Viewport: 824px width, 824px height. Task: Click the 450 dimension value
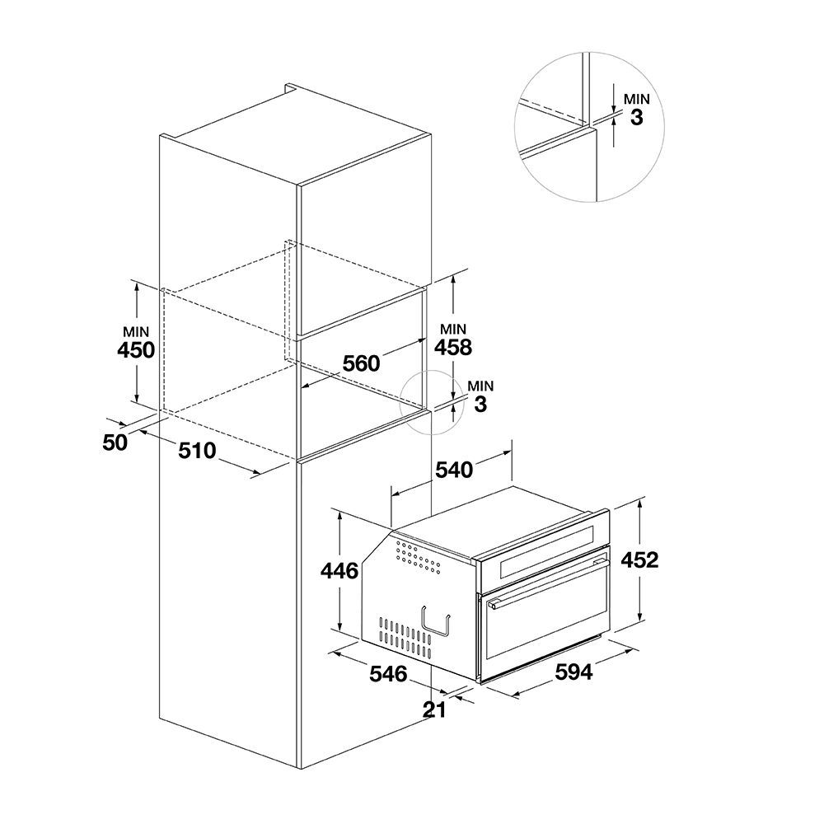[136, 350]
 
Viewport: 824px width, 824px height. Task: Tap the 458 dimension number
[453, 348]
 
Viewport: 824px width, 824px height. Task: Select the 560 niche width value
[361, 363]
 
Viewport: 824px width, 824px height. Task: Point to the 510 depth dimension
[197, 451]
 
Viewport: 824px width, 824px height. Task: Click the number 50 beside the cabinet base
[115, 443]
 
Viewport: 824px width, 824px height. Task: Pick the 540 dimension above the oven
[454, 470]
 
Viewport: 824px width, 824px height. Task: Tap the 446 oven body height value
[339, 571]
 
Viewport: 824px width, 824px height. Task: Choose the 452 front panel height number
[639, 560]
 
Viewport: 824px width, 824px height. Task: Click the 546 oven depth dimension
[388, 674]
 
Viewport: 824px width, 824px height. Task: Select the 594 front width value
[574, 672]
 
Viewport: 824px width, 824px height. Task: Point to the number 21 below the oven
[434, 710]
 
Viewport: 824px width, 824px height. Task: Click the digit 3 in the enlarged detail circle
[636, 118]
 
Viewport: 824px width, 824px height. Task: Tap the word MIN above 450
[136, 332]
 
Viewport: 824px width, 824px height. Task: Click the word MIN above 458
[453, 330]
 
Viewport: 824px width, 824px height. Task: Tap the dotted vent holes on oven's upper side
[419, 557]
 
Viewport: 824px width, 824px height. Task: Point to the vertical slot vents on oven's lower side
[405, 638]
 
